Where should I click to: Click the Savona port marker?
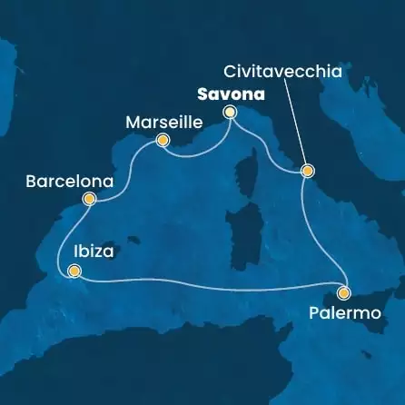click(x=230, y=112)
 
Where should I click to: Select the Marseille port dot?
click(x=163, y=140)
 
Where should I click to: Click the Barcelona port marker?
click(x=89, y=199)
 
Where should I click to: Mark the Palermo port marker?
click(x=343, y=292)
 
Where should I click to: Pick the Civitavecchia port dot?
click(x=307, y=171)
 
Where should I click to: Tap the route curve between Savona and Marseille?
click(x=196, y=153)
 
